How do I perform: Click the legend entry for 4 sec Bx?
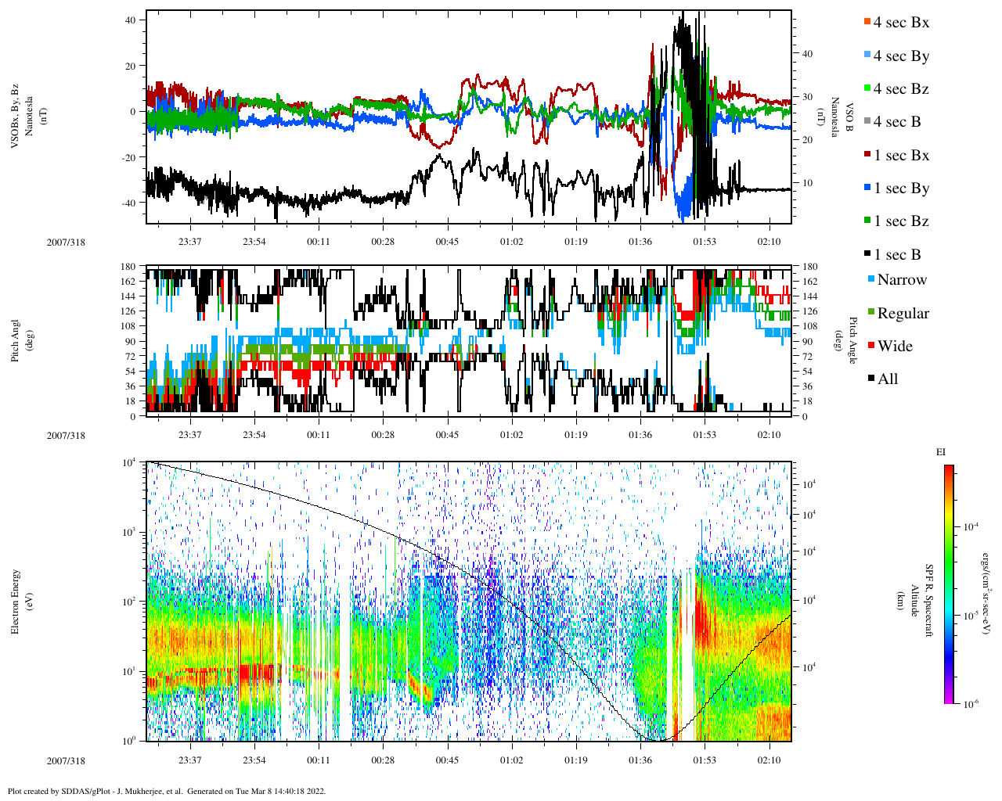click(x=901, y=23)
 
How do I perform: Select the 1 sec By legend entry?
click(x=901, y=189)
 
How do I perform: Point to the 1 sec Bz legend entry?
click(x=901, y=221)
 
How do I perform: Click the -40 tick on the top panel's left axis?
click(x=131, y=203)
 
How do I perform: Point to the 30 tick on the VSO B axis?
click(x=806, y=97)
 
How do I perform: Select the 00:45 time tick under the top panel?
click(x=447, y=242)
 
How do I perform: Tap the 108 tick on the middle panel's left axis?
click(x=129, y=326)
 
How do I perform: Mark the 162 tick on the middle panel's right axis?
click(x=809, y=282)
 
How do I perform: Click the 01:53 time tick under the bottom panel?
click(x=705, y=760)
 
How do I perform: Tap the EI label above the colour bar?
click(x=941, y=452)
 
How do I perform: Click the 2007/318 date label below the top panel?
click(x=66, y=242)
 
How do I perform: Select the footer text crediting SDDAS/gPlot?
click(x=167, y=791)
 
